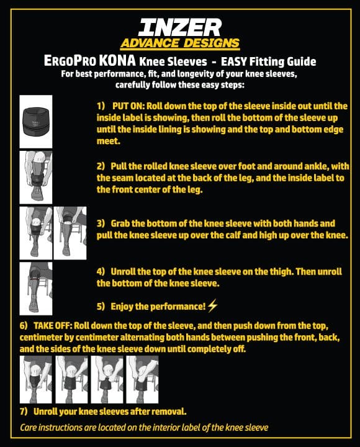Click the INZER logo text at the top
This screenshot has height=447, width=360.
point(180,26)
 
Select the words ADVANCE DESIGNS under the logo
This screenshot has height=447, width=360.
point(180,43)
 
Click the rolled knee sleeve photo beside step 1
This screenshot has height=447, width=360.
point(36,120)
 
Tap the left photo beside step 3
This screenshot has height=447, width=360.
point(36,233)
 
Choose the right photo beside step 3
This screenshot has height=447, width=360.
point(70,233)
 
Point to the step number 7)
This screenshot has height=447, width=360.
point(25,412)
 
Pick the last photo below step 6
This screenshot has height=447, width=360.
point(142,379)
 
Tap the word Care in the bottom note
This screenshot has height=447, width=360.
point(30,427)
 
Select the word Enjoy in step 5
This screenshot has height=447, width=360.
point(122,306)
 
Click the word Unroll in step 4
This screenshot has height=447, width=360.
point(124,272)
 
